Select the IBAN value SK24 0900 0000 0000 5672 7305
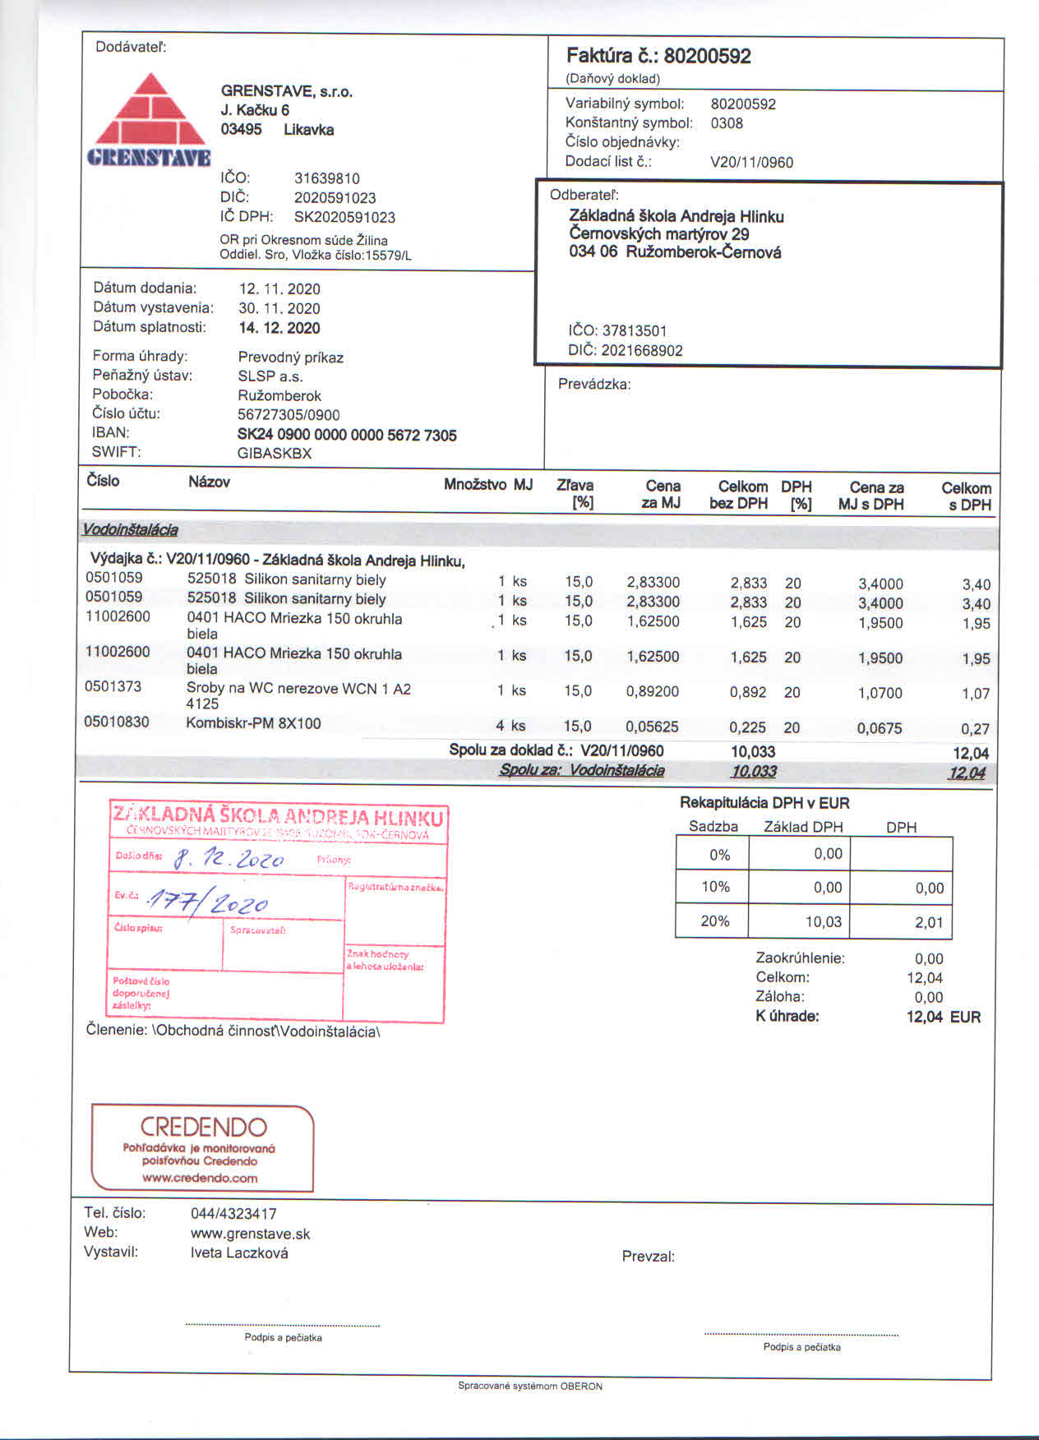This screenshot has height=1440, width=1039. click(x=347, y=435)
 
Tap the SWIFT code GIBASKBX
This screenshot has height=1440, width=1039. click(x=275, y=453)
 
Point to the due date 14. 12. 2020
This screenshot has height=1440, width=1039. click(x=279, y=328)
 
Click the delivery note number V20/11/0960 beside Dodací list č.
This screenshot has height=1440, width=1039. click(x=751, y=162)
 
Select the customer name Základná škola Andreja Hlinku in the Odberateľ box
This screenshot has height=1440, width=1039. click(x=676, y=216)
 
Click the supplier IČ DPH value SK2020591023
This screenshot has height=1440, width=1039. click(x=344, y=217)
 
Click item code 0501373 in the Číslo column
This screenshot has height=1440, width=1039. click(x=113, y=686)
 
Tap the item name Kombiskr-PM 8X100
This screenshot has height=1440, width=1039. click(x=253, y=723)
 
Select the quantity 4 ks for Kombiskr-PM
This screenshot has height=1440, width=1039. click(x=510, y=726)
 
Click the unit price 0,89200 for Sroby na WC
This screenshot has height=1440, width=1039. click(x=653, y=691)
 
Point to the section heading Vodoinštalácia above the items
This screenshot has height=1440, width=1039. click(x=130, y=530)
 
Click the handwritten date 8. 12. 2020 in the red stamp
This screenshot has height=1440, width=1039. click(x=230, y=859)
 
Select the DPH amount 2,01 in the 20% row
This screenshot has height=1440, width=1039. click(x=929, y=922)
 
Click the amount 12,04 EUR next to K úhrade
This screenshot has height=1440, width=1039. click(x=943, y=1017)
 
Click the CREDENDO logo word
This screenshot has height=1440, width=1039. click(x=203, y=1127)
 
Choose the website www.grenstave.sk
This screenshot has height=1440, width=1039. click(x=250, y=1234)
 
